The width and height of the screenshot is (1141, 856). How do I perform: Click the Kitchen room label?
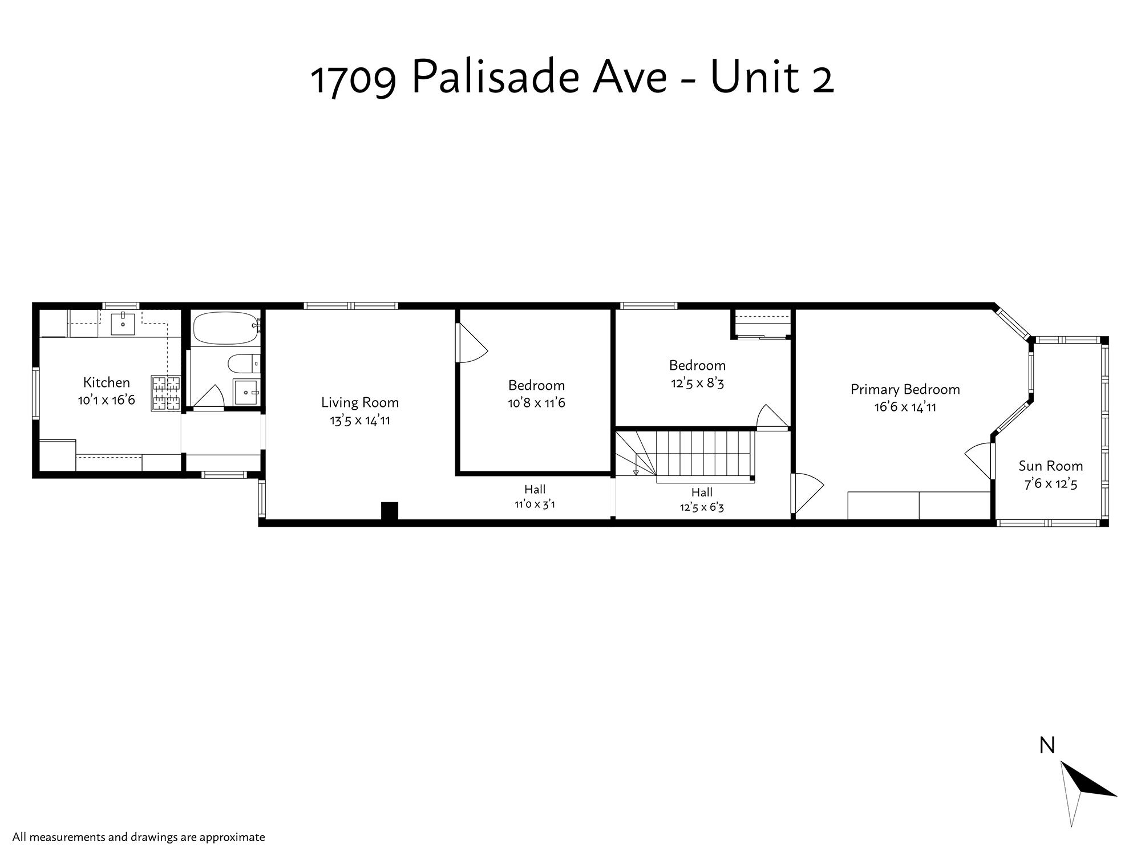[107, 382]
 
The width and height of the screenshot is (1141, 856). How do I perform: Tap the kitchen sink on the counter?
[123, 324]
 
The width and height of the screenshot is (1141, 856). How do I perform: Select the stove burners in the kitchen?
[165, 393]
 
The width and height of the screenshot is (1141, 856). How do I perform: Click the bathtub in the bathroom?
[225, 328]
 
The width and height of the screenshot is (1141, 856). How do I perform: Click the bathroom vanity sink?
[246, 393]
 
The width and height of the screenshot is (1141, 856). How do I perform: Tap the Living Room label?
[360, 402]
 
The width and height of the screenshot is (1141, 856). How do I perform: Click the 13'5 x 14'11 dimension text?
[360, 421]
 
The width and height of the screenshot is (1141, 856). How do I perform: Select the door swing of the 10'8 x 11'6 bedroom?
[471, 343]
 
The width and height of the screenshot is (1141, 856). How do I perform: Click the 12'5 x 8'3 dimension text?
[697, 383]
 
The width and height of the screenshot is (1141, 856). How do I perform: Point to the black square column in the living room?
[389, 510]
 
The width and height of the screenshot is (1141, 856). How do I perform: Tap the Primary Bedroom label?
[905, 389]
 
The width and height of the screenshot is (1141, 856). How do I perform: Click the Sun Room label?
[1051, 466]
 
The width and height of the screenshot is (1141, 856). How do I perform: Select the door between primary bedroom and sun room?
[980, 461]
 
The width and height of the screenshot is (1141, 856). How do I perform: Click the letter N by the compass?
[1047, 745]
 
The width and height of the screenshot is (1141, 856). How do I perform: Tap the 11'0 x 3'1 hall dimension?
[535, 504]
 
